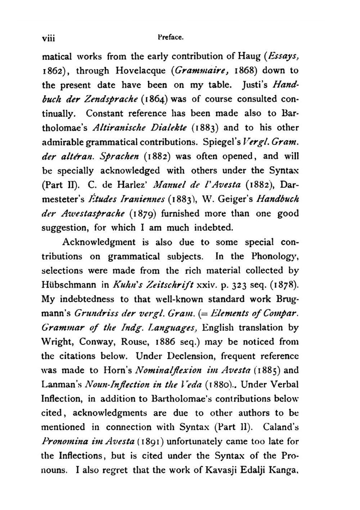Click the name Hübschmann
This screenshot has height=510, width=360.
[x=69, y=285]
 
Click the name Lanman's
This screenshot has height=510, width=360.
[x=61, y=385]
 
